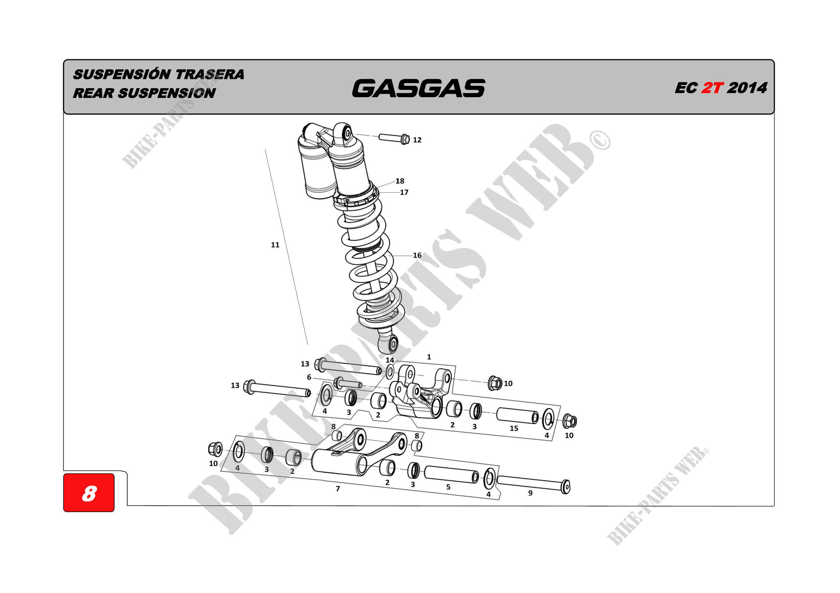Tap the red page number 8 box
pyautogui.click(x=89, y=493)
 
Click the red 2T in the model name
pyautogui.click(x=712, y=88)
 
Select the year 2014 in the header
pyautogui.click(x=747, y=88)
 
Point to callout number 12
pyautogui.click(x=417, y=140)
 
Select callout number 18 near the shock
pyautogui.click(x=400, y=181)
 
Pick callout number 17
pyautogui.click(x=404, y=192)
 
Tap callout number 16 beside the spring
pyautogui.click(x=417, y=255)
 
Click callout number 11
pyautogui.click(x=275, y=245)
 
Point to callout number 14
pyautogui.click(x=390, y=360)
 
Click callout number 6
pyautogui.click(x=309, y=377)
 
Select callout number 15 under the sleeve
pyautogui.click(x=514, y=428)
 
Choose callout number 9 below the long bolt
pyautogui.click(x=530, y=493)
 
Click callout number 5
pyautogui.click(x=448, y=487)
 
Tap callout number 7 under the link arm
pyautogui.click(x=338, y=489)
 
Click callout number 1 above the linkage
pyautogui.click(x=429, y=357)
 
